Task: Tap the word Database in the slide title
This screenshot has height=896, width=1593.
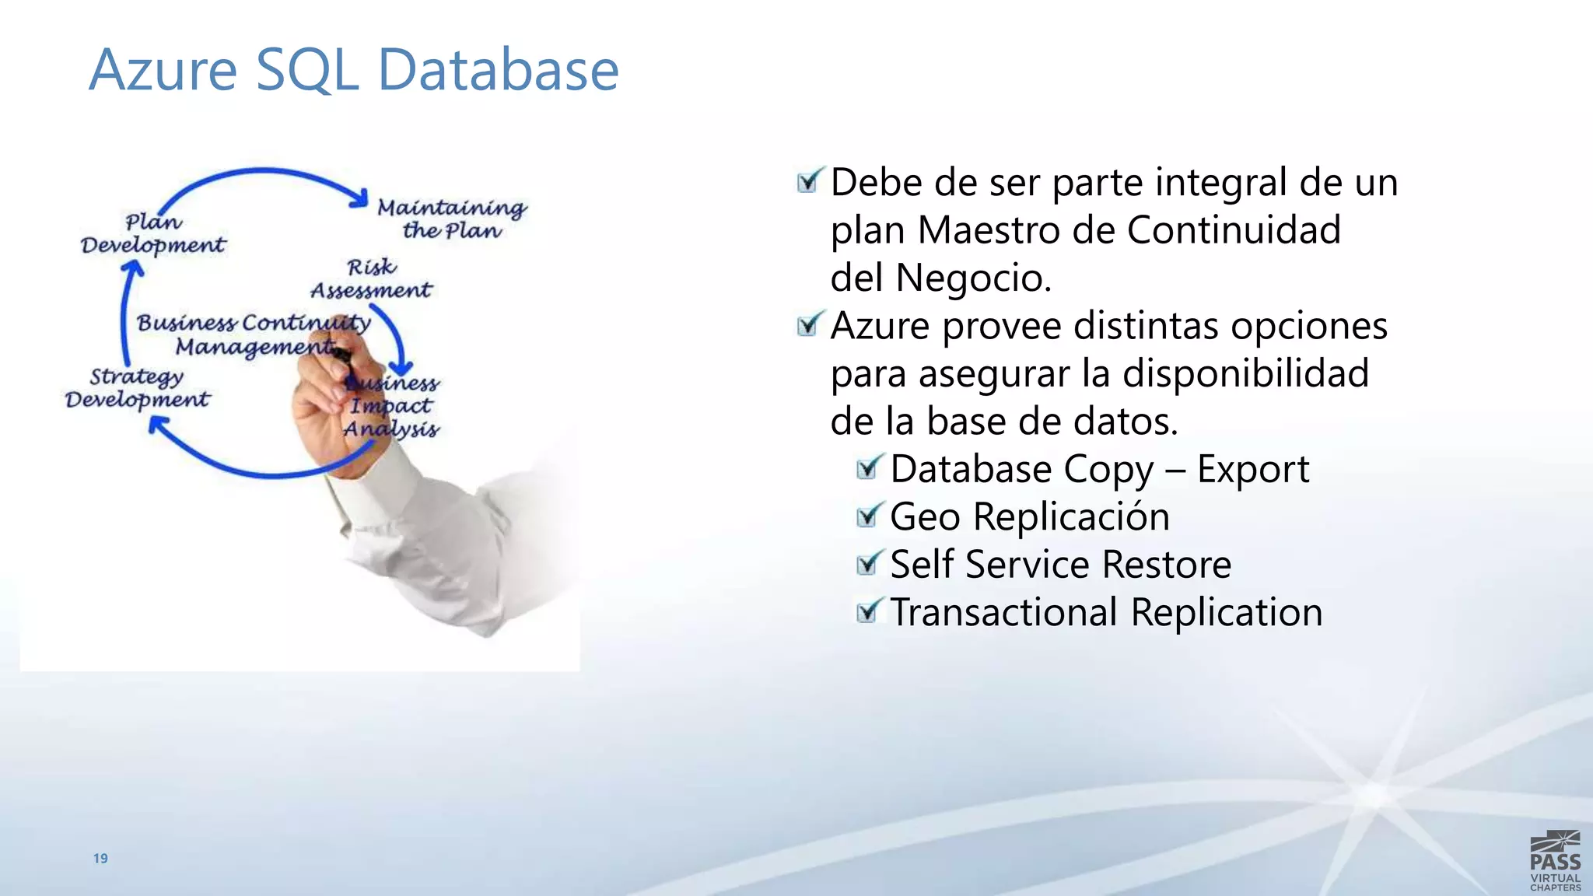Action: click(498, 70)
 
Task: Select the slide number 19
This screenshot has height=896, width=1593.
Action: click(100, 858)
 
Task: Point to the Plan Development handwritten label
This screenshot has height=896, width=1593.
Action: click(153, 233)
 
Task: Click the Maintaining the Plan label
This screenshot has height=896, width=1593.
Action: click(452, 219)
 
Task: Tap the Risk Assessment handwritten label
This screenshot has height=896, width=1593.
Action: click(371, 278)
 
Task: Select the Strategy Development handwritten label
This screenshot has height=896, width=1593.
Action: click(137, 387)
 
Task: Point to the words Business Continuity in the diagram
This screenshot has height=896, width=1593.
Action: click(254, 322)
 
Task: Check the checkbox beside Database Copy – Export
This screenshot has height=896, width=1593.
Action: click(869, 468)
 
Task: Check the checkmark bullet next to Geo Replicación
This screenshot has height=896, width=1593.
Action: click(869, 516)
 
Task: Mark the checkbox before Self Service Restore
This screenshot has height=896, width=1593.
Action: click(869, 564)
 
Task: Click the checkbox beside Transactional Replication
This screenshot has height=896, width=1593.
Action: click(869, 611)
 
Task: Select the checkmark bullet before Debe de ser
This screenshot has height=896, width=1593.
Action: click(809, 181)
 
